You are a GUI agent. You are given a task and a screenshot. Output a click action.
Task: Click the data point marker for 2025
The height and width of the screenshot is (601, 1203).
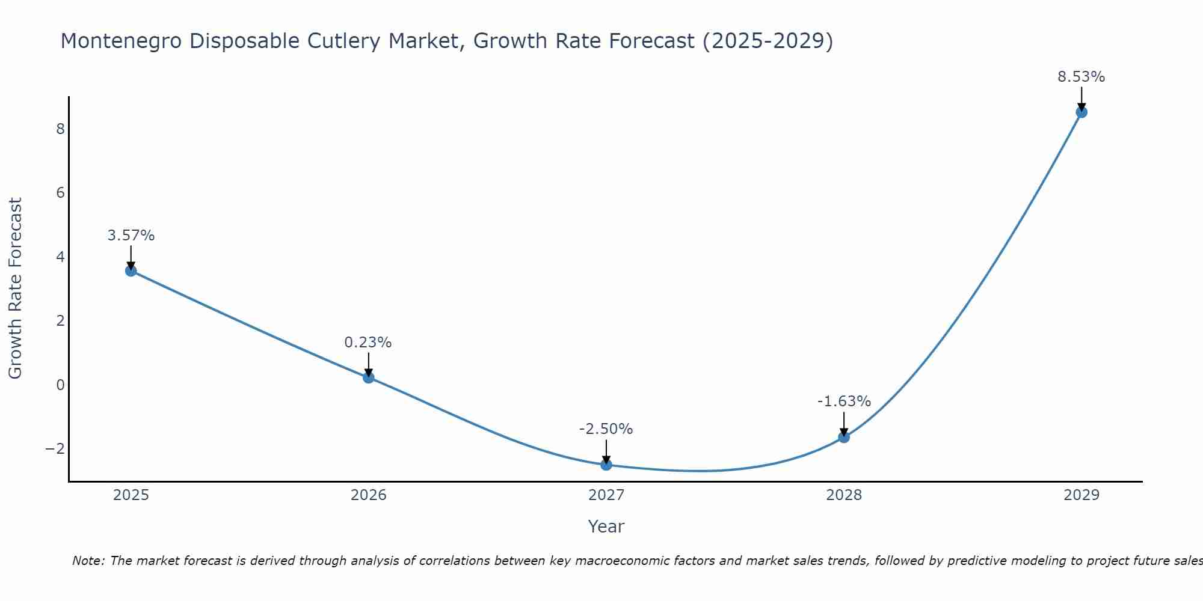(131, 270)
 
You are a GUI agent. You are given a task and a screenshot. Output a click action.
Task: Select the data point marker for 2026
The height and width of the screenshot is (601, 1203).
(369, 377)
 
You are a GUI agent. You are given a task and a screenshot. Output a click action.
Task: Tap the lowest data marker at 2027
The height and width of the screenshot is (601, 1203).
(606, 465)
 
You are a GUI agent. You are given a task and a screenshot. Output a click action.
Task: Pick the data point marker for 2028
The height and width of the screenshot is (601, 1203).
(844, 437)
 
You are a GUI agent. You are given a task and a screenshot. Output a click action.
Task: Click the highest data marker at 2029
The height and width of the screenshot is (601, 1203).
(1081, 112)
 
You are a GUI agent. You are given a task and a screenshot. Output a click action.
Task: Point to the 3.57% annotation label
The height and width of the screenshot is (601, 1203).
(131, 236)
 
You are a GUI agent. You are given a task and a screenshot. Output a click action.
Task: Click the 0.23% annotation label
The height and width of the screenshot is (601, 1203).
(368, 343)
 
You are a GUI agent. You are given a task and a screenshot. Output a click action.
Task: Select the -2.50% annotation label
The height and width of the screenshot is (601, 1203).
(606, 429)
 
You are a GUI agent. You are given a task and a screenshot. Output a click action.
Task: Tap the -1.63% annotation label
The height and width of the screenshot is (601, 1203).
(844, 401)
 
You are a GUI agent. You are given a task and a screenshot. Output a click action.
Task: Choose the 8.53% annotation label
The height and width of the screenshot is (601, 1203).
(1081, 77)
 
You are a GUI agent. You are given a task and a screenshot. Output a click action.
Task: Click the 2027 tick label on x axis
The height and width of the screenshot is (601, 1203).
(606, 495)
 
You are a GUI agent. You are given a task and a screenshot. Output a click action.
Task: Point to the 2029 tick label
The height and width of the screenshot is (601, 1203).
(1081, 495)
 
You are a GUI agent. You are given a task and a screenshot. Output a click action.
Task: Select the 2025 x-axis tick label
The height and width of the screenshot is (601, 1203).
(131, 495)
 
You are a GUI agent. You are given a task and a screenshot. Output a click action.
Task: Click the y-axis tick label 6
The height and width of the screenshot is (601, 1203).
(60, 193)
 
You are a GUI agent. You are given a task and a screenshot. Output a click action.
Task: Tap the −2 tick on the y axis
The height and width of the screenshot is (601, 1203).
(55, 449)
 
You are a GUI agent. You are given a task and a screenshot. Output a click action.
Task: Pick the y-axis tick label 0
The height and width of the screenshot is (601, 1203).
(60, 385)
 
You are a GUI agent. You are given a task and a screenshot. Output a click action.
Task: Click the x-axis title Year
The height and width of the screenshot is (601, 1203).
(606, 526)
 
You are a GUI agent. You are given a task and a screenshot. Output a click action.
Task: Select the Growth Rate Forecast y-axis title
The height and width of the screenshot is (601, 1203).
(16, 288)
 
